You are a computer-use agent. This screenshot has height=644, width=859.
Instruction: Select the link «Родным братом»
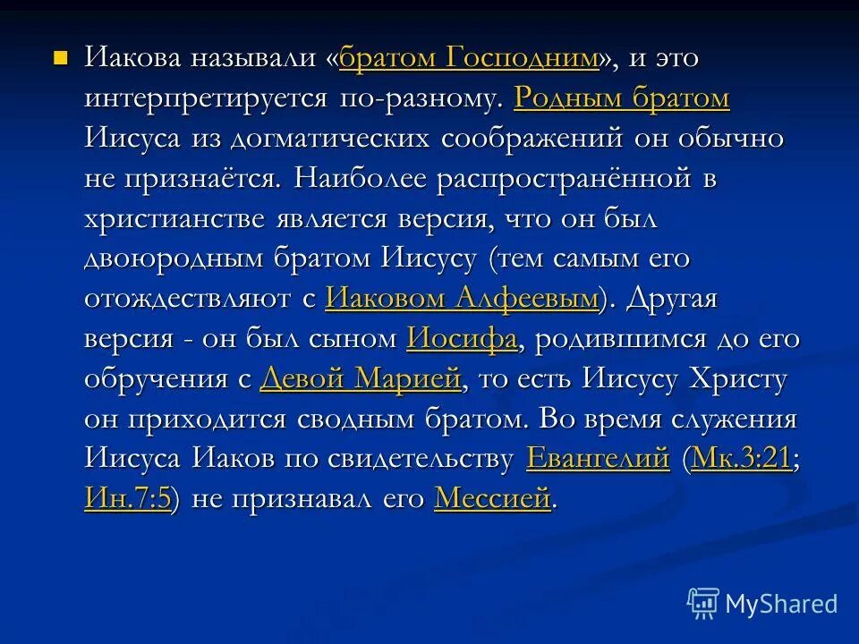[x=622, y=99]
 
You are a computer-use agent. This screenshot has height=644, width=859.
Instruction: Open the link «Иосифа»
[x=462, y=340]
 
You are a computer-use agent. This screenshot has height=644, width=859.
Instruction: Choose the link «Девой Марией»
[x=361, y=379]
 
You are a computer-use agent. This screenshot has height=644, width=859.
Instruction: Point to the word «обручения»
[x=153, y=379]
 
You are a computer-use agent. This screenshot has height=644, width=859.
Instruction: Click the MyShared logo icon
[x=703, y=604]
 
